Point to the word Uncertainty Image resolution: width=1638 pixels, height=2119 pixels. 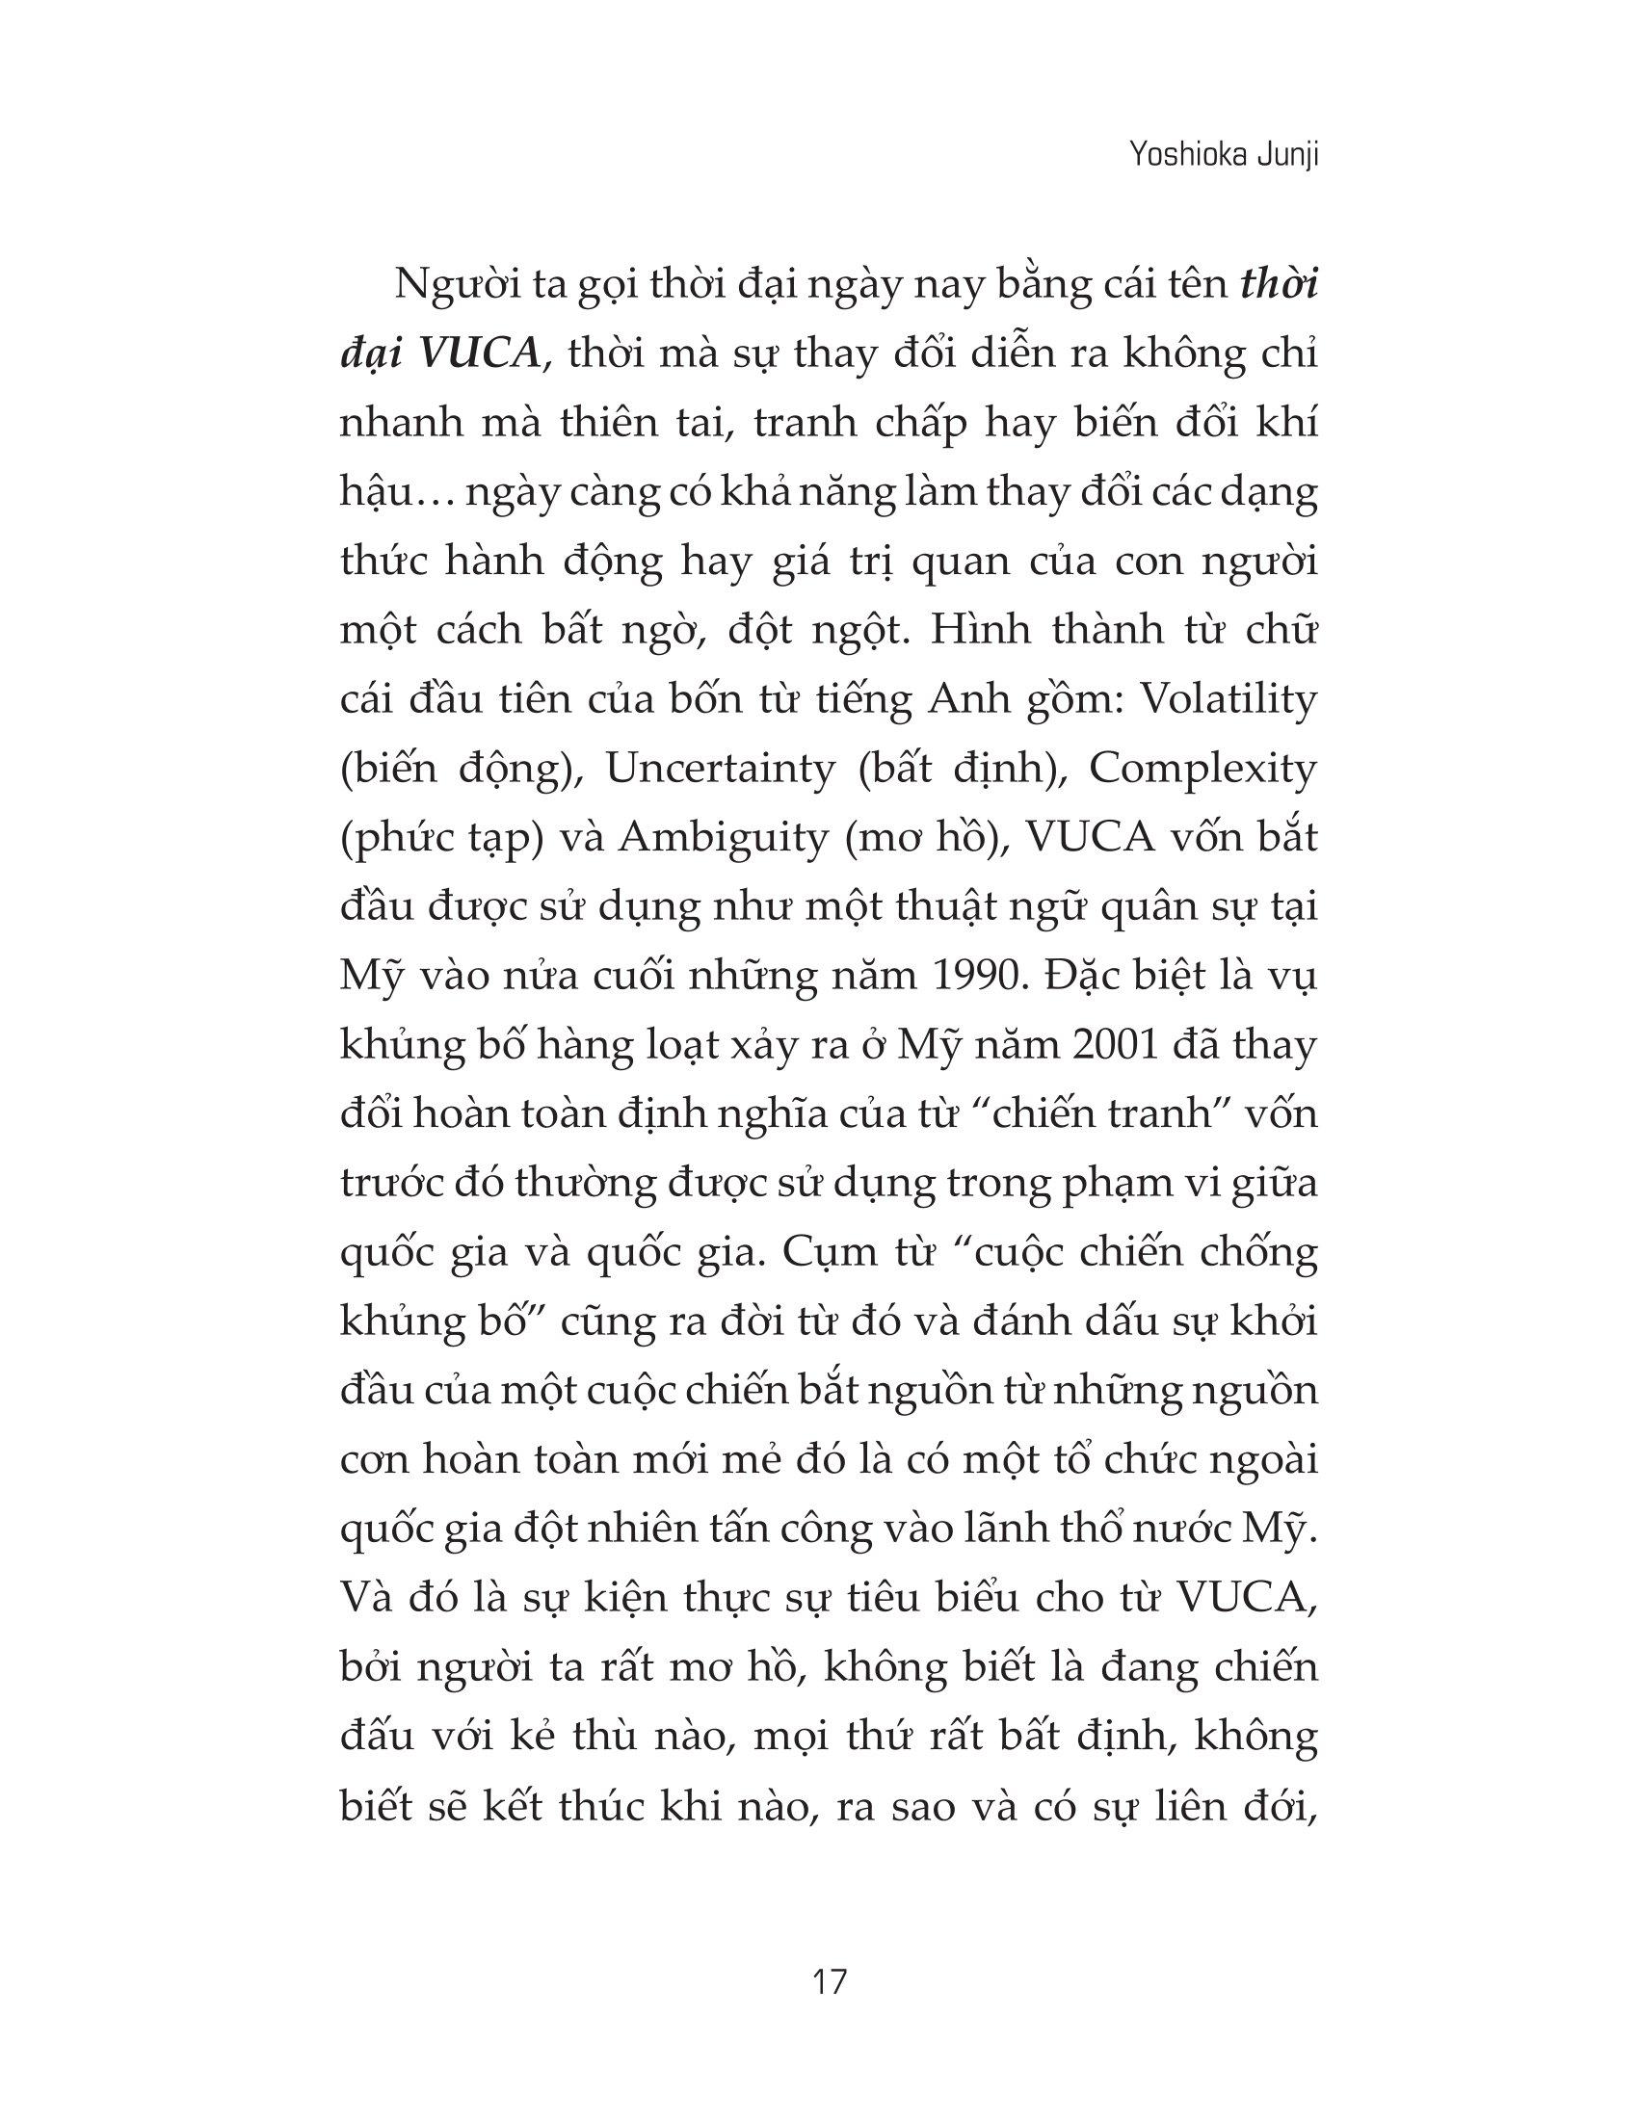720,769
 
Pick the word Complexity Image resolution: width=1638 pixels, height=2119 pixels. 1202,769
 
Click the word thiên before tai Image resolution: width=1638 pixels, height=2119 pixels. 632,423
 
